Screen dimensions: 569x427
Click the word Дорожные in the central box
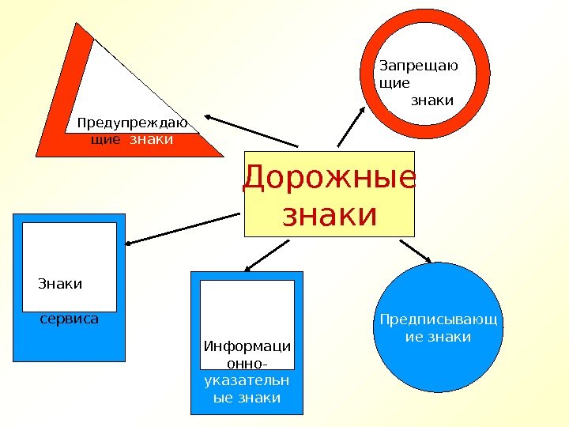(x=329, y=179)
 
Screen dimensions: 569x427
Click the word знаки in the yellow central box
(x=329, y=214)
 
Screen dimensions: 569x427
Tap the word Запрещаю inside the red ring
(x=419, y=66)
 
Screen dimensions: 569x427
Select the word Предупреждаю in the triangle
(x=132, y=123)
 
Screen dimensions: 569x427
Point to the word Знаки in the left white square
(x=60, y=283)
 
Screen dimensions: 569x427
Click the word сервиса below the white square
(x=70, y=320)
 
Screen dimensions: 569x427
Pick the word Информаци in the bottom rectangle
(x=247, y=346)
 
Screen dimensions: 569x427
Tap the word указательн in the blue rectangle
(x=247, y=381)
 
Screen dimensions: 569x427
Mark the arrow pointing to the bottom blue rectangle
(x=267, y=255)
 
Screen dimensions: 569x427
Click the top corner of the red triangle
(x=77, y=25)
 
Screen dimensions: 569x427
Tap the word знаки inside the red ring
(x=433, y=100)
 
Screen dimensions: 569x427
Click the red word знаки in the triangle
(x=150, y=139)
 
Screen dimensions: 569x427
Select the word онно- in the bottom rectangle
(x=247, y=364)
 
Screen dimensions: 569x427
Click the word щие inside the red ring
(x=395, y=82)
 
